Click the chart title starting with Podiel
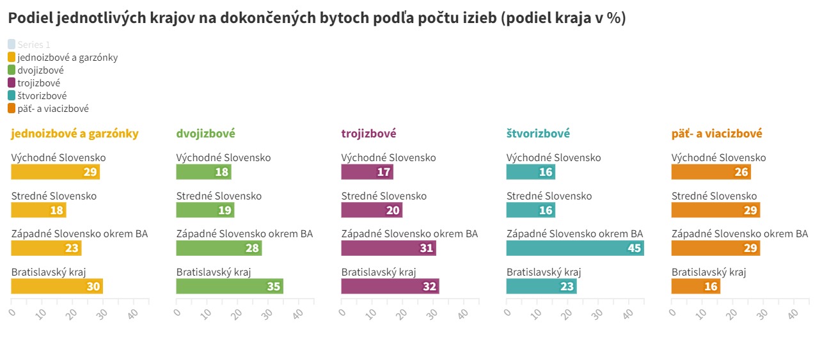click(x=317, y=19)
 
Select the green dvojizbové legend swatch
click(x=12, y=70)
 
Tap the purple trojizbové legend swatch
click(x=12, y=83)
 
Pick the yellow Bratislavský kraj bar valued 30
click(x=57, y=286)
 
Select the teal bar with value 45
click(x=574, y=248)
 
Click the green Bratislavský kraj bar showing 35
click(x=230, y=286)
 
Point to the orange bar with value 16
click(x=695, y=286)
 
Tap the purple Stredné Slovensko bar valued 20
click(x=372, y=210)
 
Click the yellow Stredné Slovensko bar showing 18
click(x=38, y=210)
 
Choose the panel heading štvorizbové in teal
click(x=538, y=134)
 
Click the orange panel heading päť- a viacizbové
click(x=716, y=134)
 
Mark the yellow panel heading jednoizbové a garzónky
click(x=75, y=134)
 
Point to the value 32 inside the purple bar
click(x=429, y=286)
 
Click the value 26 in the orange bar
click(x=741, y=172)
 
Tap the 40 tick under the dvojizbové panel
click(x=297, y=314)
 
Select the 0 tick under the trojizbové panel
click(x=342, y=313)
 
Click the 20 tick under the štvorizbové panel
click(x=567, y=314)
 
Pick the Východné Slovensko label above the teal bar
click(x=553, y=158)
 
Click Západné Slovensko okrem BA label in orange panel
click(x=739, y=234)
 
